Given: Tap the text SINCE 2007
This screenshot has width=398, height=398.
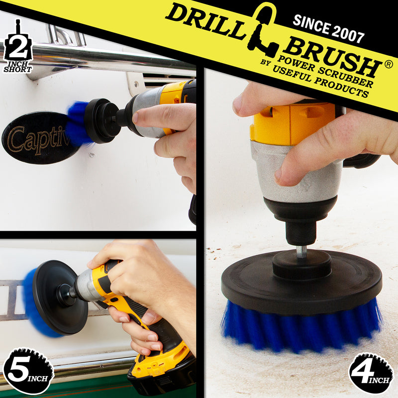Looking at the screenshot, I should click(328, 28).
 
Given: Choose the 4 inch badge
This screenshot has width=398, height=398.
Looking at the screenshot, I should click(371, 371).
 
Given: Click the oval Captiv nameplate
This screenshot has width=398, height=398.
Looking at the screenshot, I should click(37, 138).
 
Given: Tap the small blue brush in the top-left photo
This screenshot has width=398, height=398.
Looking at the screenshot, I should click(77, 123).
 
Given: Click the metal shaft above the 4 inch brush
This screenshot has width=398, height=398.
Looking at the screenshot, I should click(301, 252).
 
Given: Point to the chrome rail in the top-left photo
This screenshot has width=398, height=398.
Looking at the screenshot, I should click(99, 55).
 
